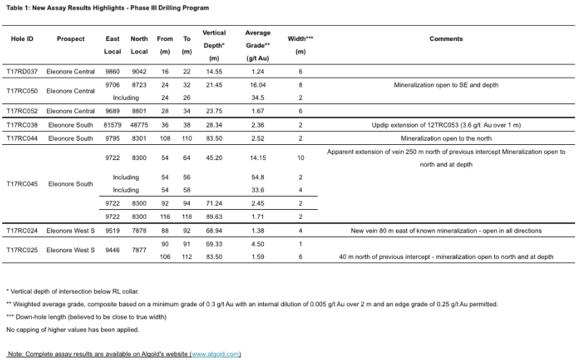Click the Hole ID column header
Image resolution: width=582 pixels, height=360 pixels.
22,39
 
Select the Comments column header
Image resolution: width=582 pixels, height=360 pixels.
445,39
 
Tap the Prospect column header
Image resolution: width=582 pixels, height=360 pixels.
71,39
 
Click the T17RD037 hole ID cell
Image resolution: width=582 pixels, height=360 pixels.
22,72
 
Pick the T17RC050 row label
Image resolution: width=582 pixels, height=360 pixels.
22,91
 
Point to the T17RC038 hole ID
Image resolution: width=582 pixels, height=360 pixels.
22,125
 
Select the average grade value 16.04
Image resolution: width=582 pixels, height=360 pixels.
258,85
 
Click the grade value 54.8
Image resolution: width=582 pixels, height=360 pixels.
258,177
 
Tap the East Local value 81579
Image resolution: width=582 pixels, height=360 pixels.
112,125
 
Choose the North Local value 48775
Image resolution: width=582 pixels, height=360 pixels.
139,125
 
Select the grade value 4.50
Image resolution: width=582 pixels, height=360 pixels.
258,244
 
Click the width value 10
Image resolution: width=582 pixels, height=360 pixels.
301,158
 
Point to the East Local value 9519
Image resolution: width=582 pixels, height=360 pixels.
112,230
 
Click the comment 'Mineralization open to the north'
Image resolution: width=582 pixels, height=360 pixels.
445,138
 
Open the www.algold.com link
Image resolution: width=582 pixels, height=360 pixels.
215,354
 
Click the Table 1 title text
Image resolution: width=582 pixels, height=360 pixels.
107,8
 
